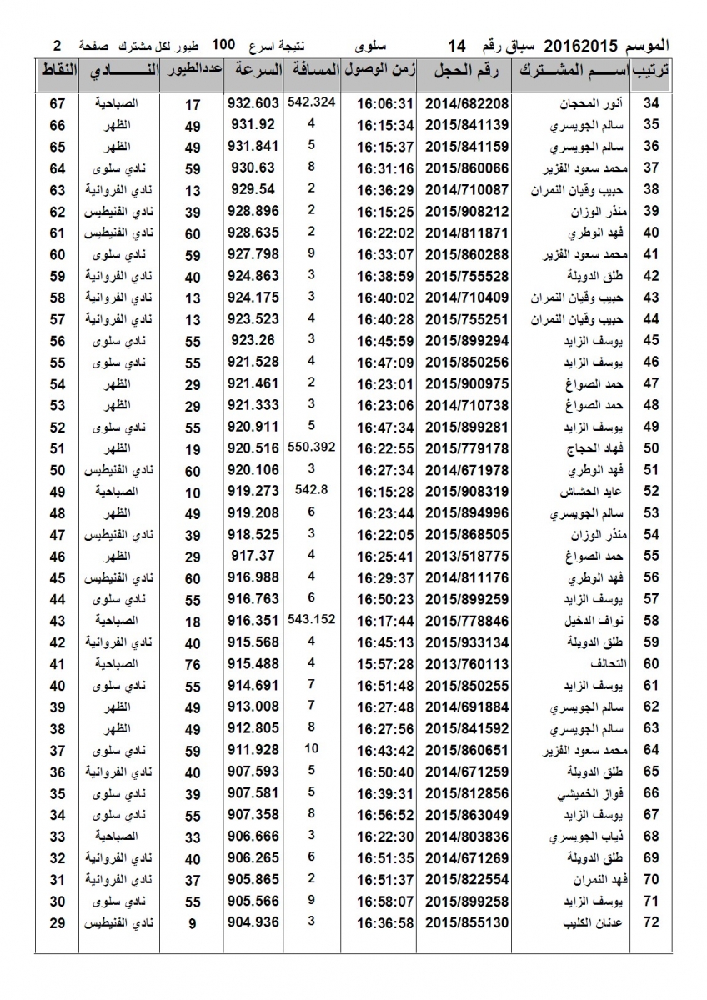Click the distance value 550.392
(x=311, y=447)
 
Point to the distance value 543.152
(x=311, y=619)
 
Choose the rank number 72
(x=652, y=922)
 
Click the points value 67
(x=58, y=104)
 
